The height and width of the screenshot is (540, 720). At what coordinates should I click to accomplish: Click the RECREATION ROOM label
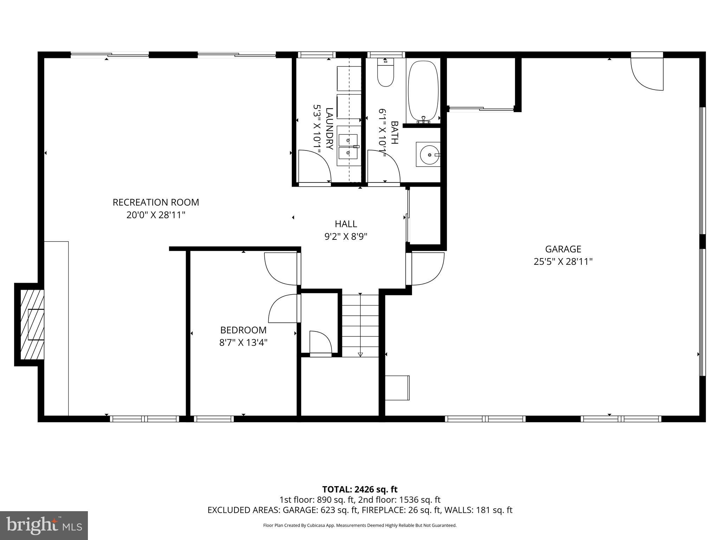(x=156, y=202)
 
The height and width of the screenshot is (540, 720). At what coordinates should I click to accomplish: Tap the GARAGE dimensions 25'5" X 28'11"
(x=563, y=262)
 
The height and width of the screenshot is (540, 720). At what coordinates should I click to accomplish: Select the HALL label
(x=346, y=224)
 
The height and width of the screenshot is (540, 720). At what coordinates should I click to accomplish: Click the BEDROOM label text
(x=243, y=330)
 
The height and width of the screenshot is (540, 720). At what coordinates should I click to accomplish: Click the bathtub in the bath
(x=423, y=90)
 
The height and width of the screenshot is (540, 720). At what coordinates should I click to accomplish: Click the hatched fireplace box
(x=32, y=324)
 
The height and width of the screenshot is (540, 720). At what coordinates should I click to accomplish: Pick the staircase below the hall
(x=360, y=326)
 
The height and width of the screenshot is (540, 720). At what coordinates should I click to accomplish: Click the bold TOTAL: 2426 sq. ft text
(x=360, y=489)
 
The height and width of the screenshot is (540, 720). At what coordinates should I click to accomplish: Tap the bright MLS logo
(x=44, y=525)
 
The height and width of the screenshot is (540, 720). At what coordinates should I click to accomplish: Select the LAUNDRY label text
(x=329, y=129)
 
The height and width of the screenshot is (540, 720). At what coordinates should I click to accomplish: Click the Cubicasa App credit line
(x=360, y=526)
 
